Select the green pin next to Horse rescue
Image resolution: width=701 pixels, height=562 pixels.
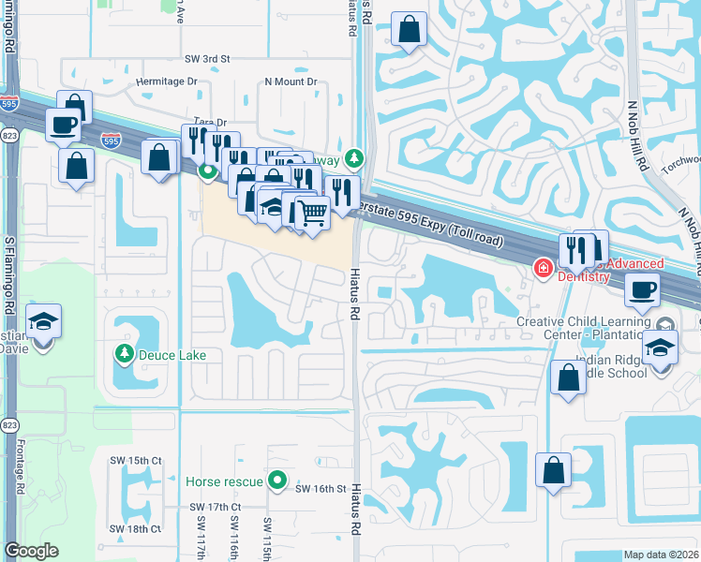[x=277, y=481]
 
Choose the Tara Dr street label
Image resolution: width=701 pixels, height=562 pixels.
[x=210, y=123]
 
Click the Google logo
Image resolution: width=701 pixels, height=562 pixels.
[x=31, y=551]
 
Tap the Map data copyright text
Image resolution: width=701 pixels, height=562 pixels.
[x=662, y=555]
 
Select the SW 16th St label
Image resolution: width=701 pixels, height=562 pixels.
[x=321, y=489]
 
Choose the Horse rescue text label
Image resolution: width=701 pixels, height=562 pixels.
[x=224, y=481]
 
